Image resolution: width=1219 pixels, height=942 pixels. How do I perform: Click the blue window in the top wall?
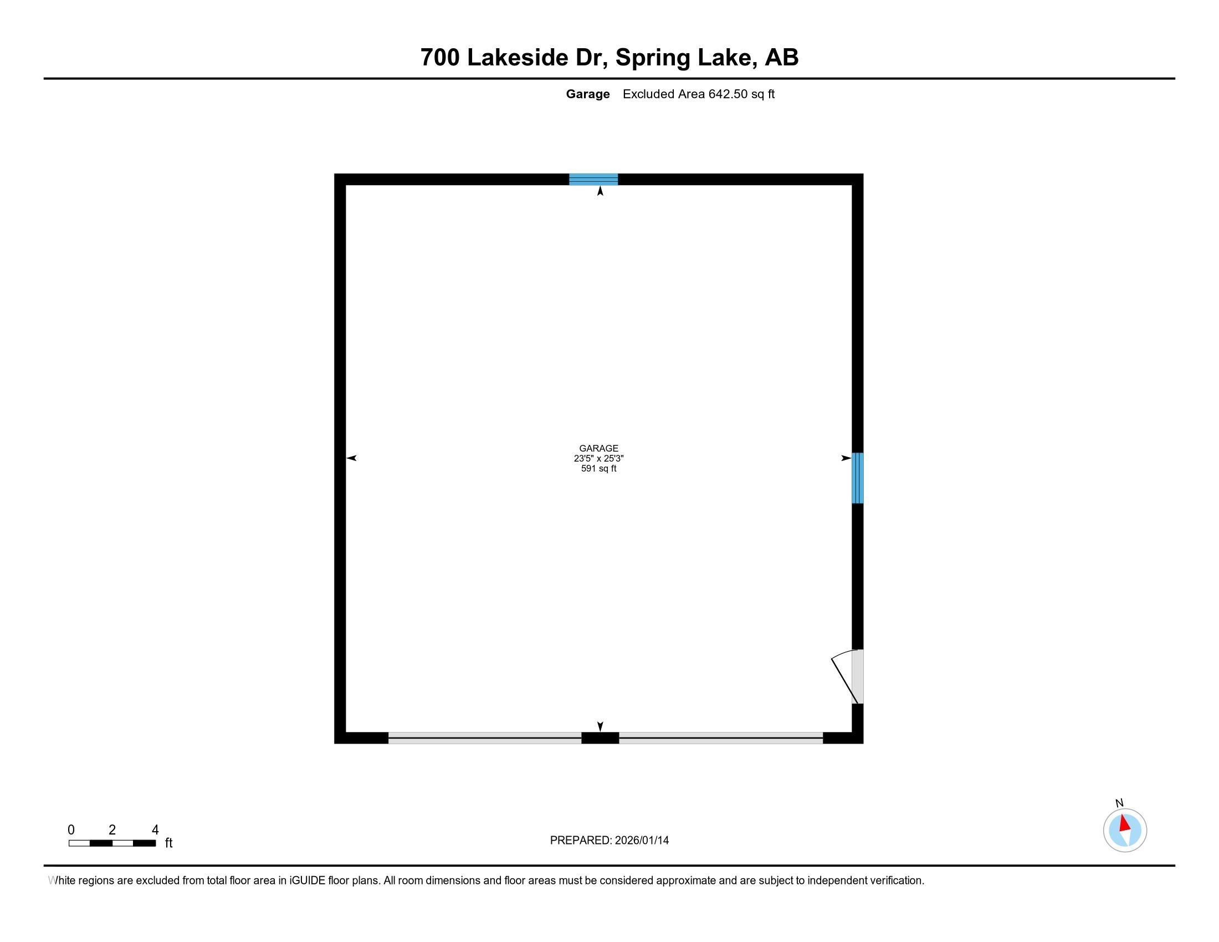[593, 179]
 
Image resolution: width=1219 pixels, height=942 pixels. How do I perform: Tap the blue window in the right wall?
[857, 478]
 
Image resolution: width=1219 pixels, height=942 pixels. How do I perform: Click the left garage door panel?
[484, 738]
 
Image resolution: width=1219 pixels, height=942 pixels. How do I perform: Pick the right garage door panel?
[720, 738]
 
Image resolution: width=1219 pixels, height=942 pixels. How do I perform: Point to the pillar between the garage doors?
[600, 738]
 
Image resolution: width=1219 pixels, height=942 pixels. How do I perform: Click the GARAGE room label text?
[598, 448]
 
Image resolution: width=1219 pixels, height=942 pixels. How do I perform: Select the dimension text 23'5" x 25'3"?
[598, 458]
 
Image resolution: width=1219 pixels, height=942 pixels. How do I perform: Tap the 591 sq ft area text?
[598, 469]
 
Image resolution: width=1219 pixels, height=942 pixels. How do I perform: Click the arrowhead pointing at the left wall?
[352, 458]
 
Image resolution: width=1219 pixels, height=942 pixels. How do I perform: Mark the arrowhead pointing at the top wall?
[600, 191]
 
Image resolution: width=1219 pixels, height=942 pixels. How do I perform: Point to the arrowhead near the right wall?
[846, 458]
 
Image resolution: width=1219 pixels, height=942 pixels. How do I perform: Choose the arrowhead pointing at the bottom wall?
[600, 726]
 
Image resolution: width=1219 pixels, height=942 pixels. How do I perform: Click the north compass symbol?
[1125, 830]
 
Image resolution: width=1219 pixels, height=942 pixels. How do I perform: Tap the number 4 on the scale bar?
[155, 830]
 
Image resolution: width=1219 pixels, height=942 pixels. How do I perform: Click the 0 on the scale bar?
[71, 830]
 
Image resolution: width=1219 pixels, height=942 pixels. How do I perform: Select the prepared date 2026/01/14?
[641, 841]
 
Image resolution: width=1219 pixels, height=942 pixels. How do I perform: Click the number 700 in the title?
[440, 58]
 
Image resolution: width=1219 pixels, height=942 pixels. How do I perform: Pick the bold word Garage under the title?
[588, 94]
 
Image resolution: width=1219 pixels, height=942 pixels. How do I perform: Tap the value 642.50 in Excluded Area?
[728, 94]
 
